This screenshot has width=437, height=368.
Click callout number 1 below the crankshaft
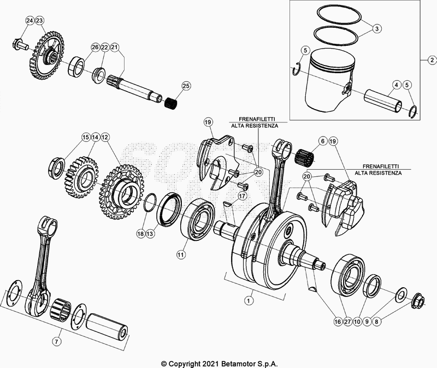point(250,300)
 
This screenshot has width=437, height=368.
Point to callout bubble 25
point(186,86)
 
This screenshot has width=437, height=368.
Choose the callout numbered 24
point(29,20)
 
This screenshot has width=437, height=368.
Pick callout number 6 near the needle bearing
point(322,141)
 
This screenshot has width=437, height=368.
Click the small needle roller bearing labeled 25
point(173,102)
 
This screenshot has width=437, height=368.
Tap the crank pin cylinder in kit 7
point(109,325)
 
